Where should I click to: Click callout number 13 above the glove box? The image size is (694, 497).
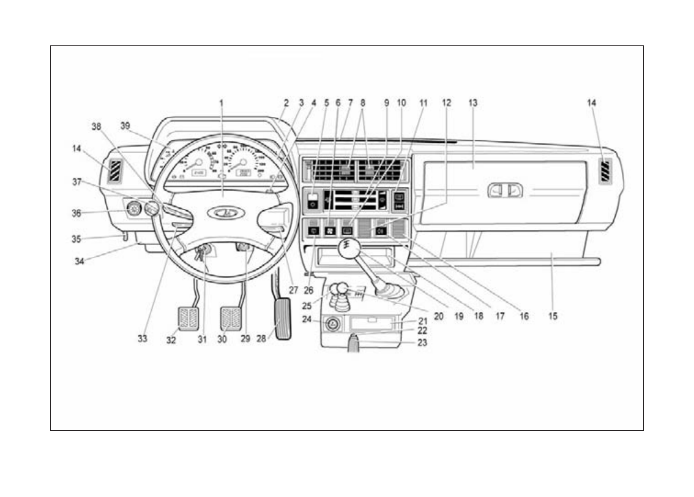click(x=472, y=104)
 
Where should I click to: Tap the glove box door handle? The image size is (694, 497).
click(x=506, y=191)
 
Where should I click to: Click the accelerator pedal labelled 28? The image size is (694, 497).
click(x=282, y=318)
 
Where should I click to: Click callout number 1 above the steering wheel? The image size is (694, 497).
click(x=222, y=104)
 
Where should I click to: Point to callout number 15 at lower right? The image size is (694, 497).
click(x=553, y=317)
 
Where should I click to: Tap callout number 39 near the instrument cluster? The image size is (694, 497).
click(x=125, y=126)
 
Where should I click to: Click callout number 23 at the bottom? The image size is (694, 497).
click(x=422, y=343)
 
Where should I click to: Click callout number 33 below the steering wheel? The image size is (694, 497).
click(x=143, y=338)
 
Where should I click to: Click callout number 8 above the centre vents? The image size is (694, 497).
click(x=363, y=104)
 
